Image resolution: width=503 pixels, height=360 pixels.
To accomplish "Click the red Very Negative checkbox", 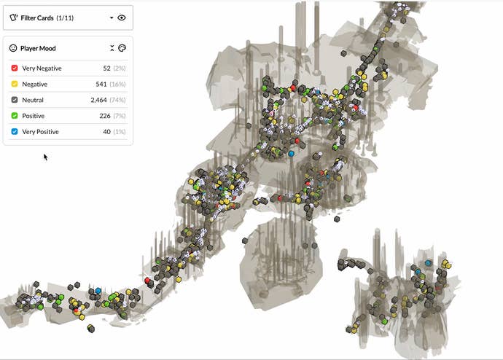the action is pyautogui.click(x=15, y=68).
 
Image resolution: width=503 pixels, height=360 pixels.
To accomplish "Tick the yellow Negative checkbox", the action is pyautogui.click(x=15, y=84).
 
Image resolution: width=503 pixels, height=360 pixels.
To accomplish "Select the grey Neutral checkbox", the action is pyautogui.click(x=15, y=100).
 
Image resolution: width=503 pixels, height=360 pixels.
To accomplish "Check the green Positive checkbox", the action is pyautogui.click(x=15, y=116).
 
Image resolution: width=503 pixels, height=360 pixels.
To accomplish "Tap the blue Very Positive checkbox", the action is pyautogui.click(x=15, y=131).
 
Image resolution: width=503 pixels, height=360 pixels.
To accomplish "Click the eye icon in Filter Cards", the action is pyautogui.click(x=122, y=17).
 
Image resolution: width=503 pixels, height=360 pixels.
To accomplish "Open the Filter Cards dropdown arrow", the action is pyautogui.click(x=112, y=17).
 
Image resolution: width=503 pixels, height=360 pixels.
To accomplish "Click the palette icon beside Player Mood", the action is pyautogui.click(x=122, y=48).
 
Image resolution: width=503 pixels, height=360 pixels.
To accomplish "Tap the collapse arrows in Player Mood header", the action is pyautogui.click(x=112, y=48).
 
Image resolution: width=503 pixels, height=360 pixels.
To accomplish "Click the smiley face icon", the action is pyautogui.click(x=13, y=48).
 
